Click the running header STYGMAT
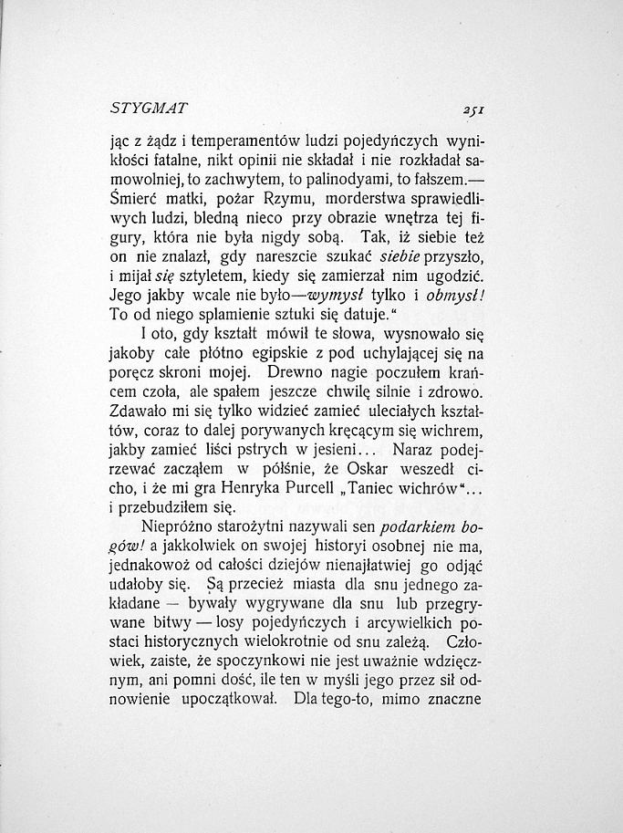(148, 108)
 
